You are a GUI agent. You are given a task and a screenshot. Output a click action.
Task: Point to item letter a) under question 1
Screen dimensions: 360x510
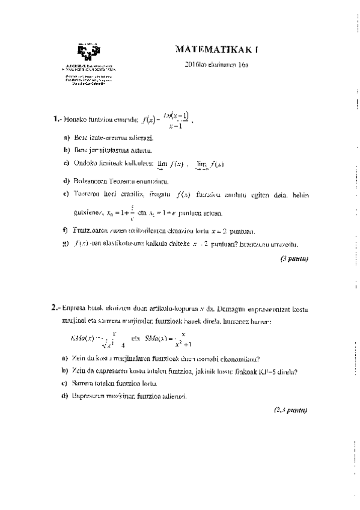[66, 138]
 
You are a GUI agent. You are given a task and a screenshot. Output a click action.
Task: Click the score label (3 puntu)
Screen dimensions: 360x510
[294, 259]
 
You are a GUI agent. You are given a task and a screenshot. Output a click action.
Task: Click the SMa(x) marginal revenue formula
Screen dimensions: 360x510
[168, 340]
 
